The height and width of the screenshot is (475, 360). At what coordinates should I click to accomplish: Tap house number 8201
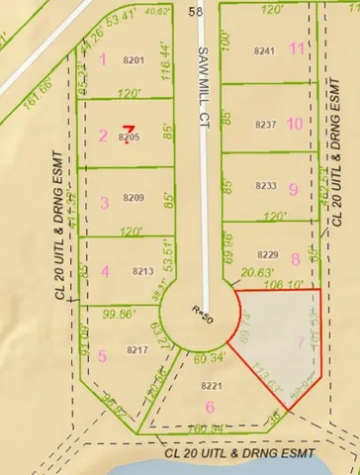click(134, 60)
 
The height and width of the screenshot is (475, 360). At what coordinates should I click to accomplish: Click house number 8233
click(264, 185)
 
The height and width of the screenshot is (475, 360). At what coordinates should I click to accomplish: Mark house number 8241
click(264, 50)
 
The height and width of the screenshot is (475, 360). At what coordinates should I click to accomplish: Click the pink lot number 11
click(297, 48)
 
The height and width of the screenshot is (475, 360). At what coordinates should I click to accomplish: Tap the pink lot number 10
click(295, 124)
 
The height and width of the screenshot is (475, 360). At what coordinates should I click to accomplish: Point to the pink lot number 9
click(293, 188)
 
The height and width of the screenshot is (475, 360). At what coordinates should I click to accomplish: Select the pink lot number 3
click(105, 203)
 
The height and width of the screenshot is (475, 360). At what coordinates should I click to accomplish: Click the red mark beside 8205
click(128, 127)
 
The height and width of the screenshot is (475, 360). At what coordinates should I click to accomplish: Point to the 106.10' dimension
click(280, 283)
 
